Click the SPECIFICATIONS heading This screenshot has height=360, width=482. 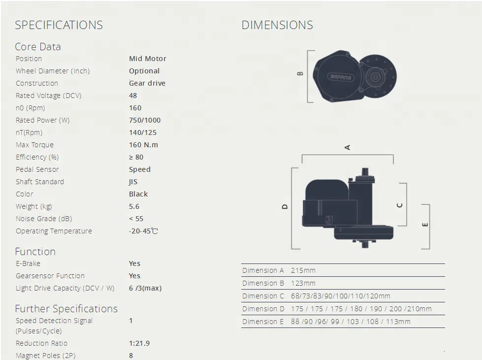coord(59,25)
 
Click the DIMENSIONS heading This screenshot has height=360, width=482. coord(277,25)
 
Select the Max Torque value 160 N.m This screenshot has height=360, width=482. coord(144,145)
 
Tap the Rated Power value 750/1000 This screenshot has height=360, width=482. coord(145,120)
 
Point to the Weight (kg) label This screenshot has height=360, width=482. coord(34,206)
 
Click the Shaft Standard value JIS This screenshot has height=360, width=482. coord(133,182)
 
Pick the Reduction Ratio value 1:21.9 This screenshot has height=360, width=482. coord(139,343)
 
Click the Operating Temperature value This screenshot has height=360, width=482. coord(143,231)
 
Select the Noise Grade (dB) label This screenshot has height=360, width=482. coord(44,219)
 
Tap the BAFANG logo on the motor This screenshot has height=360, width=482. coord(341,77)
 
